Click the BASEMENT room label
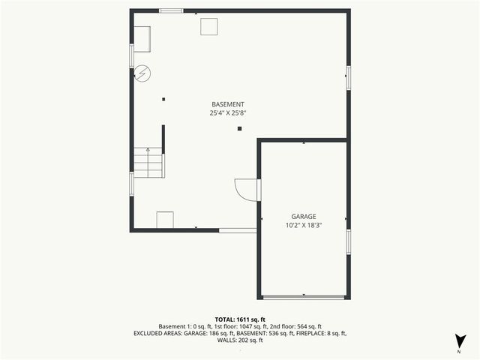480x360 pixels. pos(227,104)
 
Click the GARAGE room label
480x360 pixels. pos(303,217)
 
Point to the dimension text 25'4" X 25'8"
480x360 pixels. pos(227,113)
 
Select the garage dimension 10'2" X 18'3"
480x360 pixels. pos(303,226)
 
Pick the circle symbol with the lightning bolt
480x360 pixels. pos(141,73)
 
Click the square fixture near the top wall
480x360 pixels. pos(209,26)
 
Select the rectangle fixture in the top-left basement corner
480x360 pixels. pos(142,40)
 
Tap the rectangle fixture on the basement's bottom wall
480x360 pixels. pos(165,220)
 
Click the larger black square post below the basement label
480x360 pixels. pos(239,129)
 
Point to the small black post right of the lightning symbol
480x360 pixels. pos(163,98)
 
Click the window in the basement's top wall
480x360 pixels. pos(171,10)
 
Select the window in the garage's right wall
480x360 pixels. pos(348,242)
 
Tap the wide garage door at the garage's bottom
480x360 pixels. pos(304,298)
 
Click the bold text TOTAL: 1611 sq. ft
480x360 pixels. pos(239,319)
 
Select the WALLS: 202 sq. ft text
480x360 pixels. pos(239,340)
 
